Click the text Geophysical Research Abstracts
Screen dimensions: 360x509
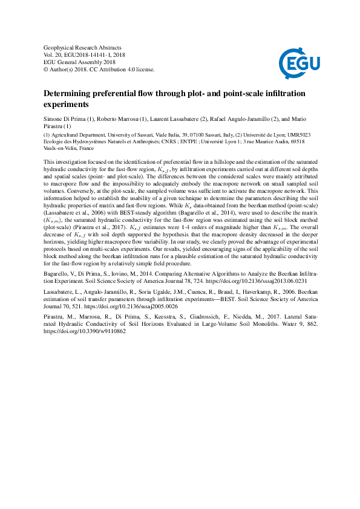83,47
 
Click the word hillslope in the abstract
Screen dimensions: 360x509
238,163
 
